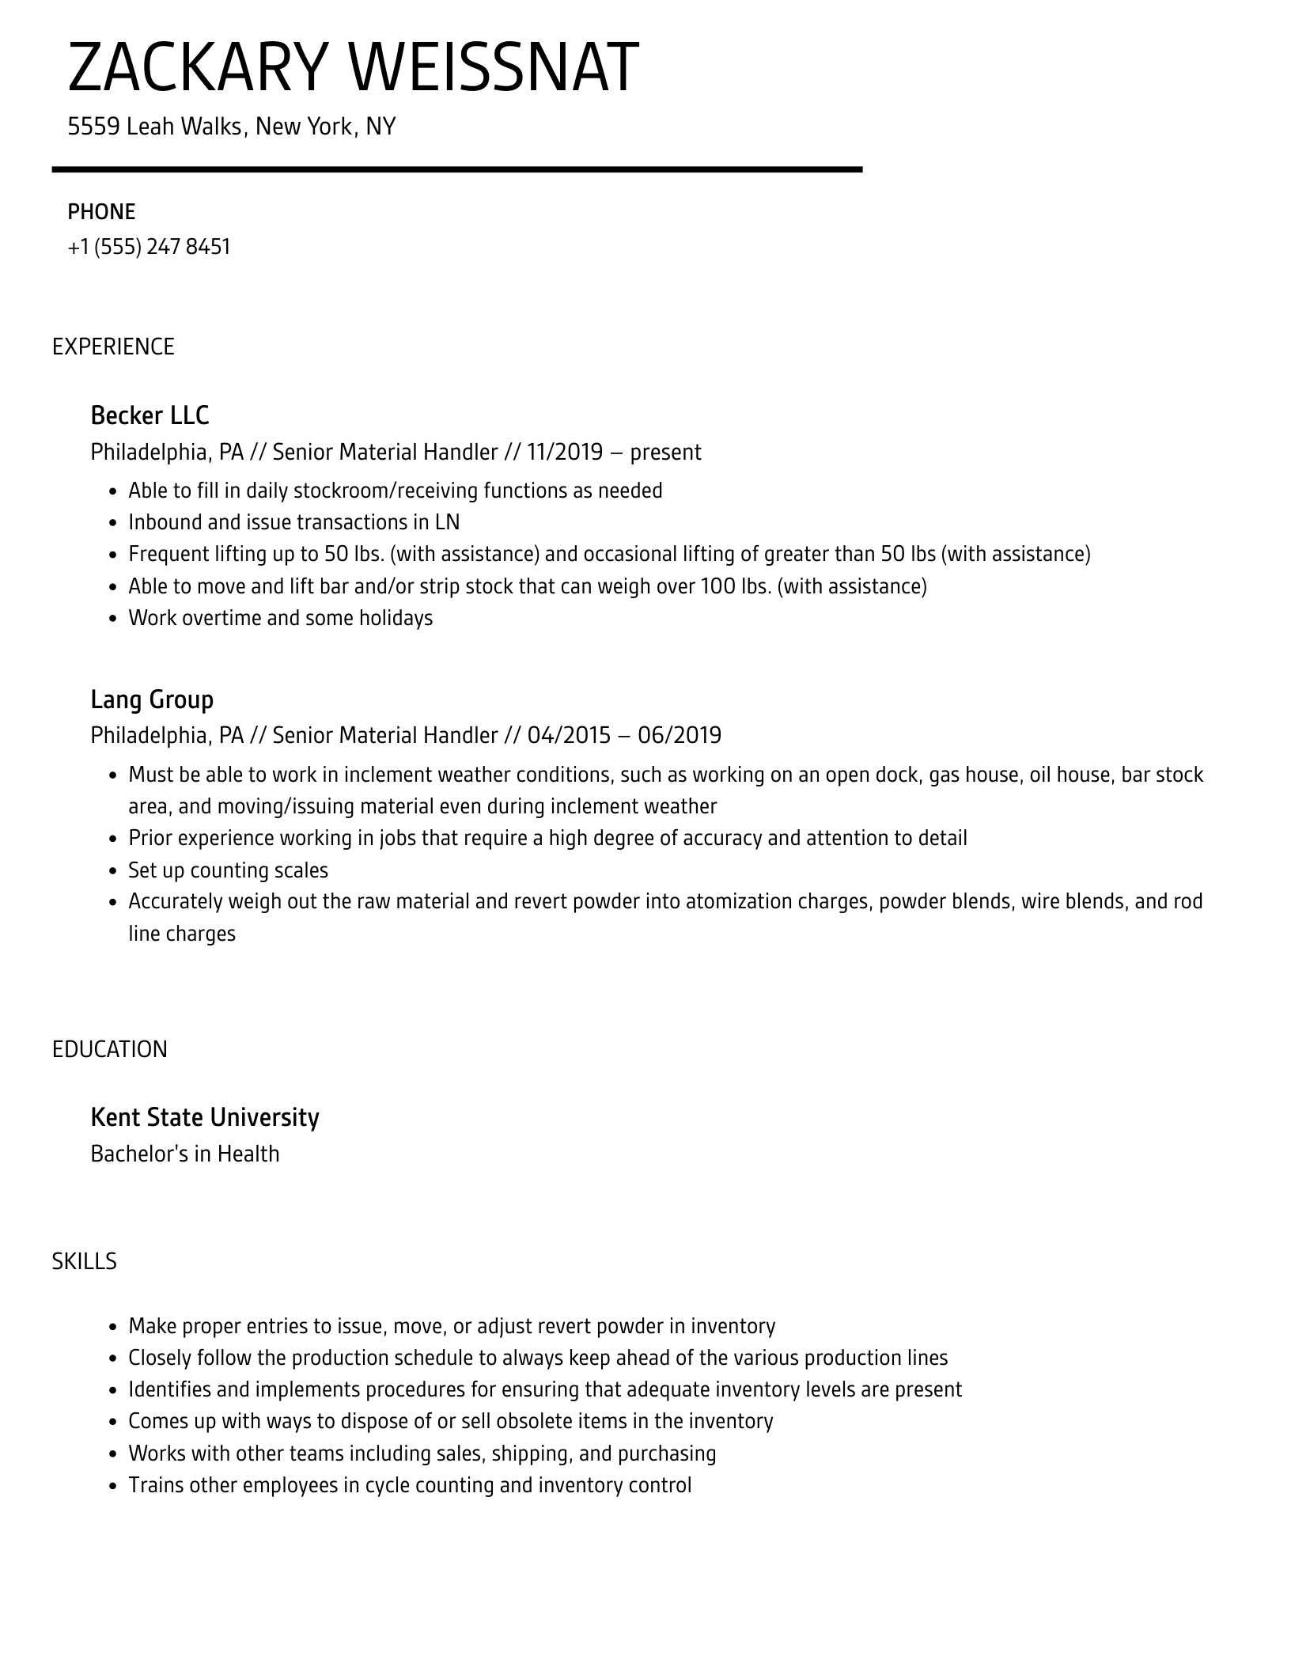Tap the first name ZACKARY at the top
(197, 68)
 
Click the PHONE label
(101, 212)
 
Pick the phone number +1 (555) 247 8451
(149, 247)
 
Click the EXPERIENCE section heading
(113, 347)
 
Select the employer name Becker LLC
(150, 415)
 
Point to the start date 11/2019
(564, 453)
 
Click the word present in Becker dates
(665, 453)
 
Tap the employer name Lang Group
(152, 699)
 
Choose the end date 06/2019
(680, 736)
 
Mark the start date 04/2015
(569, 736)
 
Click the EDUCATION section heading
(110, 1049)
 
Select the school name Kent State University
(205, 1117)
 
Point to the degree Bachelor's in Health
(185, 1154)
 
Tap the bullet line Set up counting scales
(228, 870)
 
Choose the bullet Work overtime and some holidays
(280, 618)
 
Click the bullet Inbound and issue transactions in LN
(293, 522)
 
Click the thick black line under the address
(456, 169)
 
